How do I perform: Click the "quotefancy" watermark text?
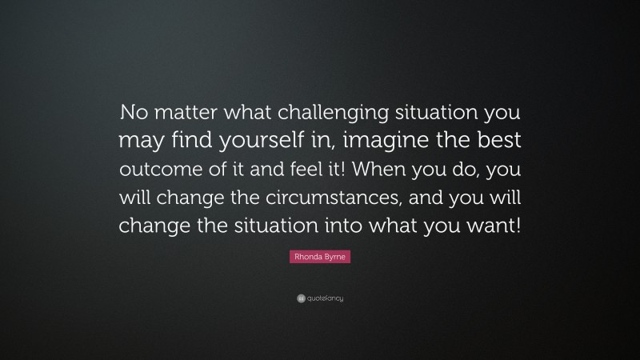pos(325,298)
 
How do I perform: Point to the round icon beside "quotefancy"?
pos(299,298)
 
